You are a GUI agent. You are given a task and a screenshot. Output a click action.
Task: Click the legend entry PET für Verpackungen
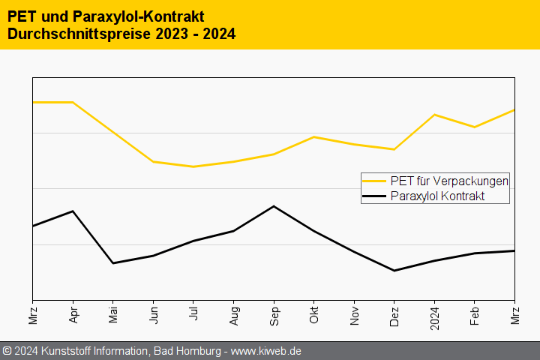click(x=449, y=181)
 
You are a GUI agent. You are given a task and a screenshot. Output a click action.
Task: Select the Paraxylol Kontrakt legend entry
click(x=437, y=196)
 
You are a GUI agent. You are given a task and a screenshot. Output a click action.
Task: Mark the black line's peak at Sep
click(x=274, y=206)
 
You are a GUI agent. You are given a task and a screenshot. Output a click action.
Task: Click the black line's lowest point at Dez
click(x=394, y=271)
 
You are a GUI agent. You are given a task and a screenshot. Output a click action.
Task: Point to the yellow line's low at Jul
click(x=193, y=166)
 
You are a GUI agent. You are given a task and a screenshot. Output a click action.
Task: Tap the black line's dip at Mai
click(x=113, y=263)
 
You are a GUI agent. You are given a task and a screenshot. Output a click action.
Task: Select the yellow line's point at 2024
click(x=434, y=115)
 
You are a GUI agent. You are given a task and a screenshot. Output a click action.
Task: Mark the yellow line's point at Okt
click(x=314, y=137)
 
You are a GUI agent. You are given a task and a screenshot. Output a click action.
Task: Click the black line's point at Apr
click(x=73, y=211)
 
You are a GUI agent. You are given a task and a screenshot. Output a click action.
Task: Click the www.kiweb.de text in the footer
click(x=265, y=351)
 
